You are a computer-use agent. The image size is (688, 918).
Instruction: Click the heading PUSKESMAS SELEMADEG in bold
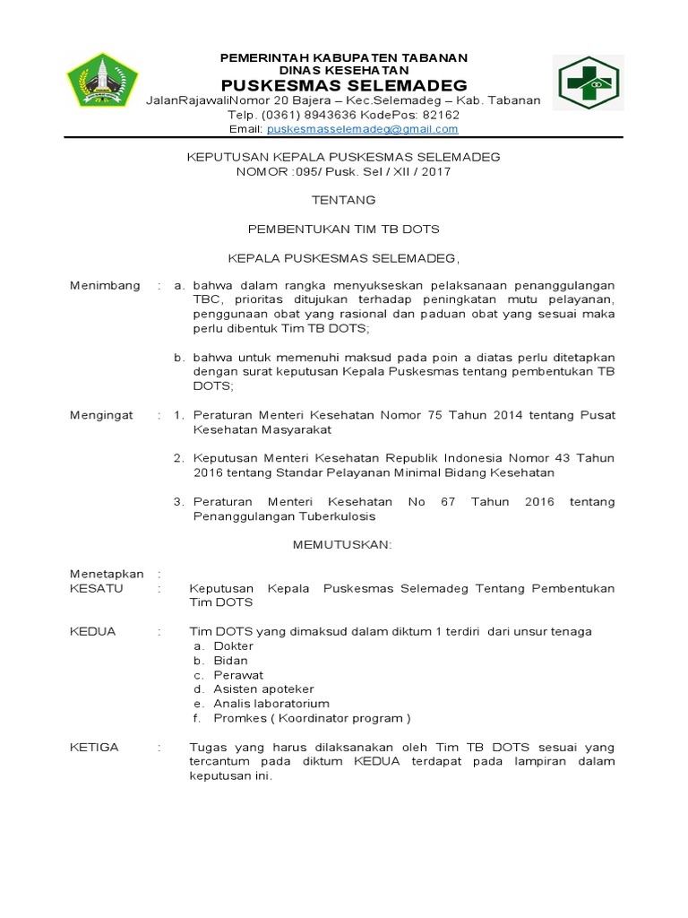[344, 85]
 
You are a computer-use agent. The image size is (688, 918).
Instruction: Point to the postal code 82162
[441, 115]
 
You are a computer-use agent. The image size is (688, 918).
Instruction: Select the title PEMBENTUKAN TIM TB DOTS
[343, 229]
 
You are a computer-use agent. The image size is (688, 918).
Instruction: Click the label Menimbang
[105, 286]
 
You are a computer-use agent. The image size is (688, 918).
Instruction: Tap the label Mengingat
[101, 415]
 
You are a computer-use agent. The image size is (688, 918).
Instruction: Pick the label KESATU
[97, 589]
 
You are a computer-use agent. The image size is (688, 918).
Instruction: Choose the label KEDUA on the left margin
[93, 632]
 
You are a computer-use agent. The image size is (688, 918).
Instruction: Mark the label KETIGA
[94, 747]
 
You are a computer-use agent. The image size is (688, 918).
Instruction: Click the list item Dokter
[233, 646]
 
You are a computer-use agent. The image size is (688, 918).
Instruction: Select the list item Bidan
[230, 661]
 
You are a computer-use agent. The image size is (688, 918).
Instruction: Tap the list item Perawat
[238, 675]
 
